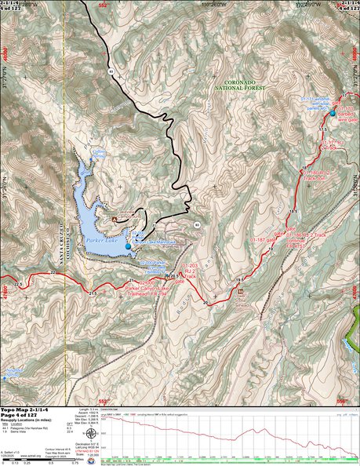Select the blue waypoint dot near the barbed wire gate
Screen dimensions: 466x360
pos(332,111)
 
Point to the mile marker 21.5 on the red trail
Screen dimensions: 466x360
pos(93,293)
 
